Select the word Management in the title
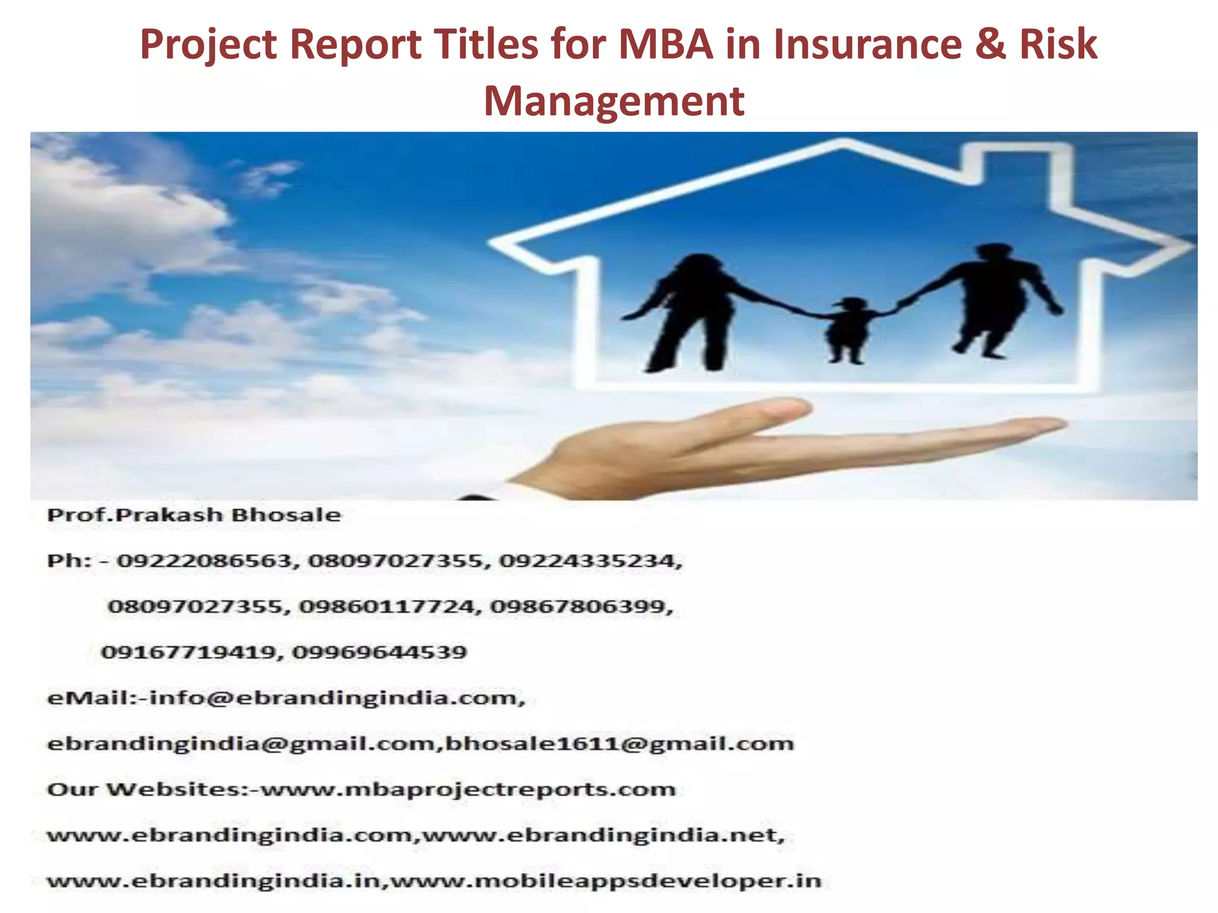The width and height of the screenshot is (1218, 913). [x=614, y=101]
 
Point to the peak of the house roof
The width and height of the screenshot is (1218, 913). [x=843, y=143]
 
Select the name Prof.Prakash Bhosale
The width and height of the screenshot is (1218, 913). [x=194, y=515]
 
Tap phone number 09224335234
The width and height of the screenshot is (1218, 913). [x=590, y=561]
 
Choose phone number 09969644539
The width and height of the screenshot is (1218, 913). [x=379, y=652]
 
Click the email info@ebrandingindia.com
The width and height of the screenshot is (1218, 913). [x=337, y=698]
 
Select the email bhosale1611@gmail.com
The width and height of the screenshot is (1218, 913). [x=619, y=744]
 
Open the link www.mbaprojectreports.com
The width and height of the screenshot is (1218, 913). [x=469, y=789]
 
